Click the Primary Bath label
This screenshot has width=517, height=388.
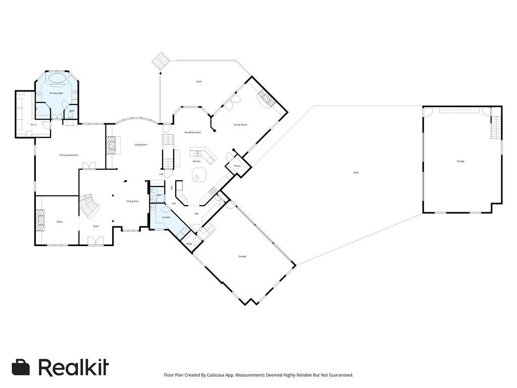pyautogui.click(x=56, y=93)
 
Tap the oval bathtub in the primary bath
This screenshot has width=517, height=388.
pyautogui.click(x=57, y=78)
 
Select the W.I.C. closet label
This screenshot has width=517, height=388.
pyautogui.click(x=33, y=124)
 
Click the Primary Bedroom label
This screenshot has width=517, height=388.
pyautogui.click(x=69, y=155)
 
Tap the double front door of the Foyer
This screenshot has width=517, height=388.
pyautogui.click(x=95, y=241)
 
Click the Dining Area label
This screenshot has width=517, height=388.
pyautogui.click(x=132, y=202)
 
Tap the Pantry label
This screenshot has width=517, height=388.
pyautogui.click(x=237, y=166)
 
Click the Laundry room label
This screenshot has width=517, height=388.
pyautogui.click(x=166, y=217)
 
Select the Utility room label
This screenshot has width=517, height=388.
pyautogui.click(x=188, y=244)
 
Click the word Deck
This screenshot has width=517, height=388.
pyautogui.click(x=199, y=81)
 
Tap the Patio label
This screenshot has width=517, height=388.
pyautogui.click(x=356, y=173)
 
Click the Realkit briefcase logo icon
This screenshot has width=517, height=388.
pyautogui.click(x=21, y=367)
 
